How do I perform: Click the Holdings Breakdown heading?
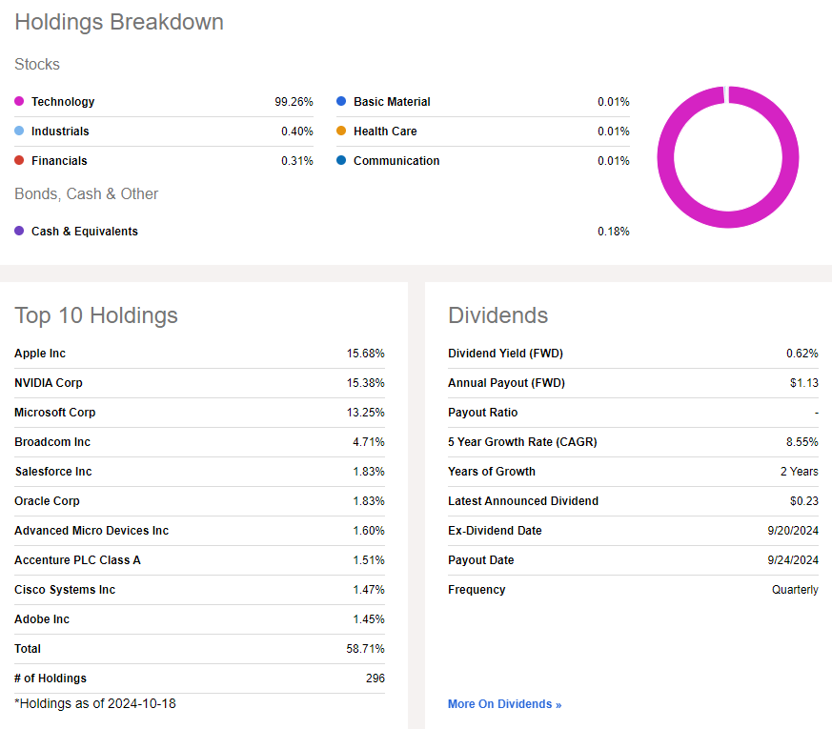click(x=119, y=22)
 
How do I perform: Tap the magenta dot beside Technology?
click(x=19, y=102)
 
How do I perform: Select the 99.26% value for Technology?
click(x=294, y=102)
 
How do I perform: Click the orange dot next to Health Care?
click(x=341, y=132)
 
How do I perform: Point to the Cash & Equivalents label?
click(x=84, y=232)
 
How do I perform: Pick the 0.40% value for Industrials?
click(x=296, y=132)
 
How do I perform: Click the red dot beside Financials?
click(x=19, y=161)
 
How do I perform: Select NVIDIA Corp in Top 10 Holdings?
click(x=49, y=383)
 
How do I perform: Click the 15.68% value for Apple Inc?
click(x=366, y=354)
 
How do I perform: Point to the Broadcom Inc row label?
click(x=53, y=442)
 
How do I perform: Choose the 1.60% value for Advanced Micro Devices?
click(x=369, y=531)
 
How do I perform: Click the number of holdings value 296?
click(x=375, y=678)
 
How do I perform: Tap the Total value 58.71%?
click(x=366, y=649)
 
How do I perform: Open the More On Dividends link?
click(x=504, y=704)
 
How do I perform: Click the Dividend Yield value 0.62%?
click(x=802, y=354)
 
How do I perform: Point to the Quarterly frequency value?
click(x=795, y=590)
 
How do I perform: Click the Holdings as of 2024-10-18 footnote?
click(x=95, y=704)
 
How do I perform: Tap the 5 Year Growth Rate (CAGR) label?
click(x=522, y=442)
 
